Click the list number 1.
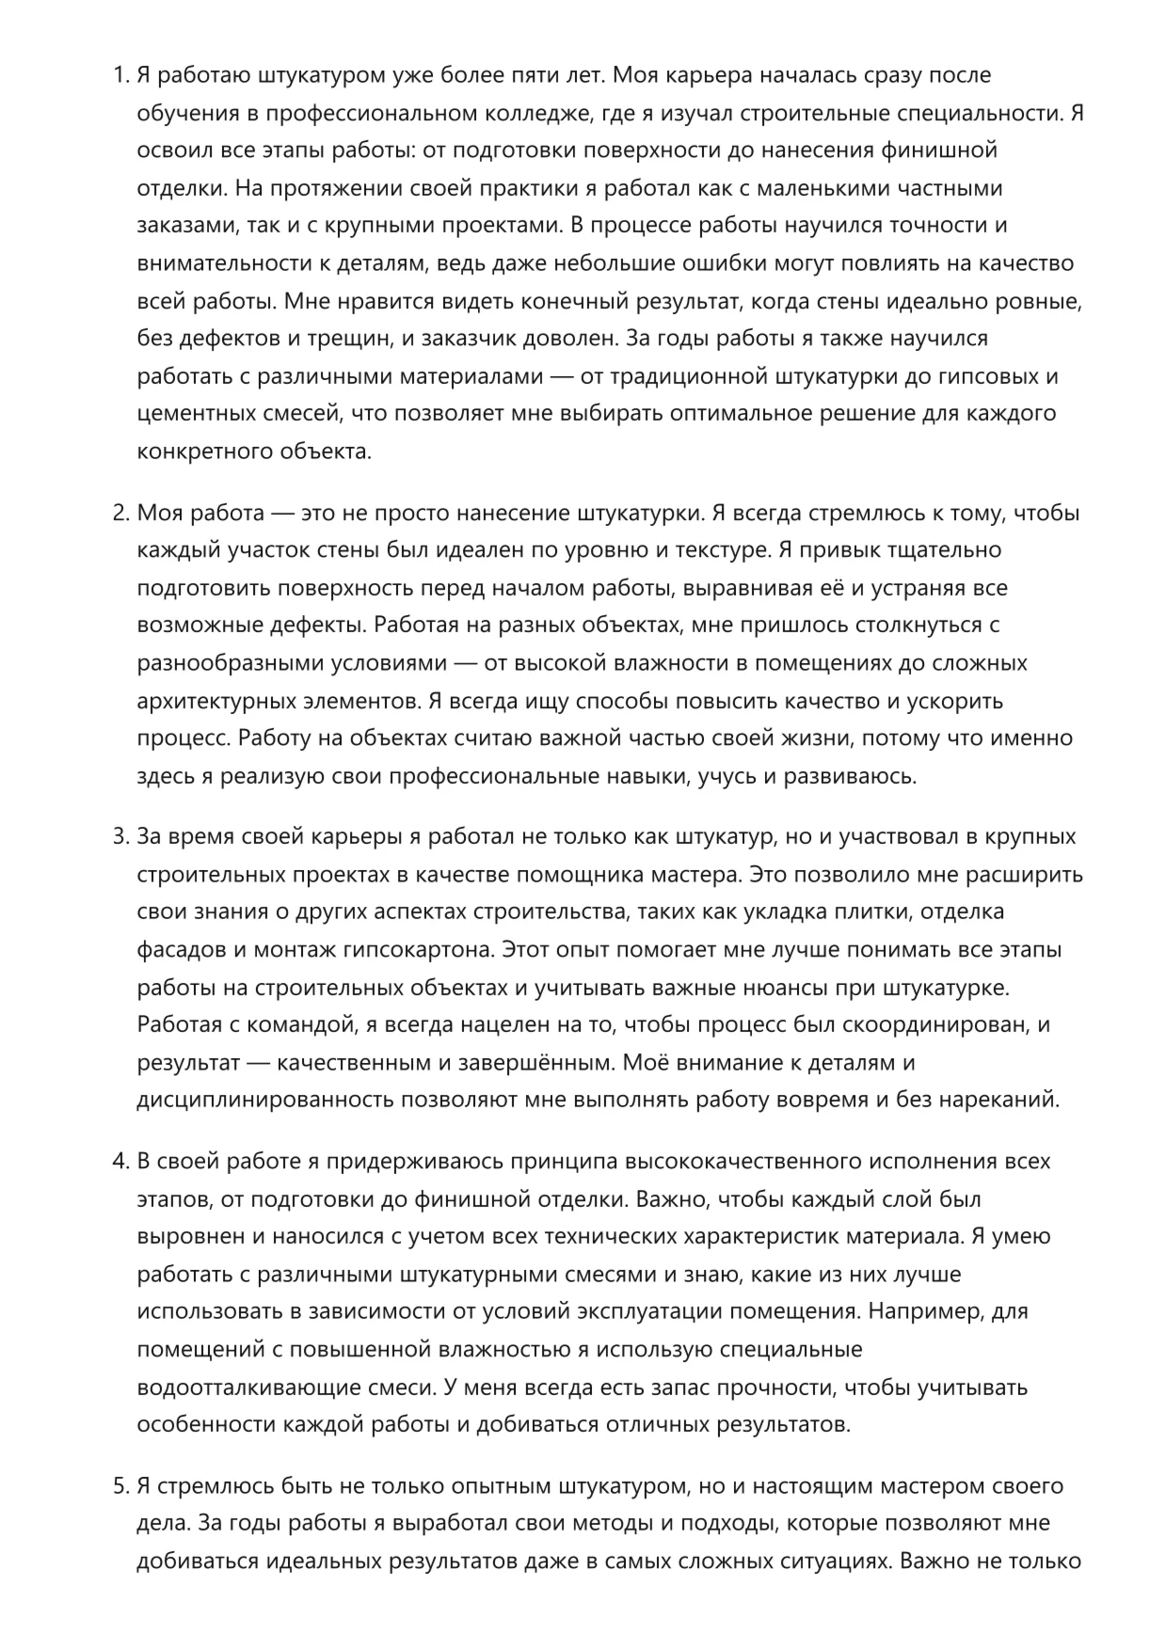120,75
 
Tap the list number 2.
120,514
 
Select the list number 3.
120,837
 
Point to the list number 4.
120,1162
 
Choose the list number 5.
120,1486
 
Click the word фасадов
179,949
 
